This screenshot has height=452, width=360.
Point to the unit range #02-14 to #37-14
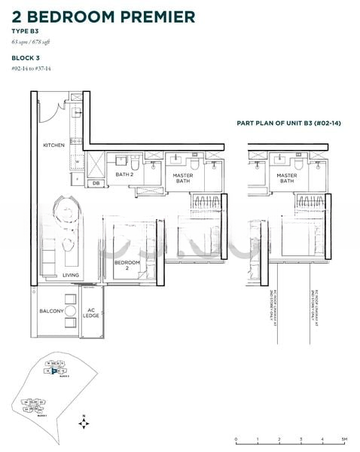[x=32, y=69]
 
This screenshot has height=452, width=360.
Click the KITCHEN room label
[x=53, y=145]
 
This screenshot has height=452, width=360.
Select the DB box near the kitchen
[x=96, y=183]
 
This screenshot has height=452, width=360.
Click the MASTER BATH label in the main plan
[x=183, y=179]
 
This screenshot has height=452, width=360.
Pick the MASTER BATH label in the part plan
[x=286, y=179]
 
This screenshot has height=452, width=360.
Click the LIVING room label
[x=71, y=275]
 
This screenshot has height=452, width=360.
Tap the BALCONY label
[x=51, y=311]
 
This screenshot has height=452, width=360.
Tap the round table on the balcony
[x=69, y=312]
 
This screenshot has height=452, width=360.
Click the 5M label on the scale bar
[x=343, y=439]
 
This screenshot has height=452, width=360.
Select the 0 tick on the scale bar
[x=236, y=439]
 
